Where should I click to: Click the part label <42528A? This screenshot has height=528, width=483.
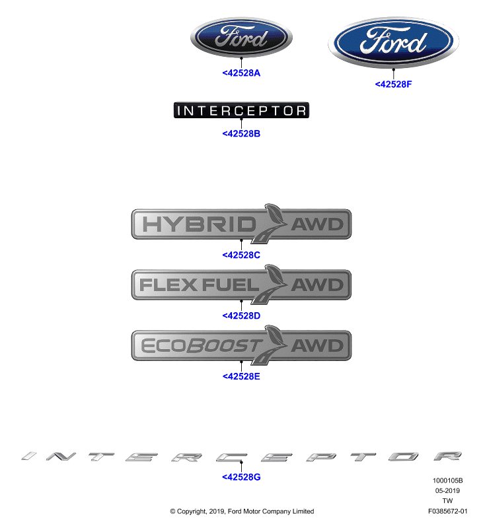point(241,73)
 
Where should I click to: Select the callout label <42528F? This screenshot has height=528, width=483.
point(393,84)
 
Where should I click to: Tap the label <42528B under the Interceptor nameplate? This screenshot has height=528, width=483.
point(241,134)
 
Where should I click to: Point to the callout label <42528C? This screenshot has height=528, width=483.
point(241,255)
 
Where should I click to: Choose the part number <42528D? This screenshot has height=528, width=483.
point(241,315)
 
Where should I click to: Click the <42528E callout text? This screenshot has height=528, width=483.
point(241,376)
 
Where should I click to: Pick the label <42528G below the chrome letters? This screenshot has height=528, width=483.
point(241,477)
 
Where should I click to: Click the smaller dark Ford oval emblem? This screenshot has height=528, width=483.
point(241,38)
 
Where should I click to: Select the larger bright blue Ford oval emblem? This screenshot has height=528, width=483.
point(393,42)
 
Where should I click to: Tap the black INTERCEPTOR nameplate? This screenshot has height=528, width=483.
point(241,110)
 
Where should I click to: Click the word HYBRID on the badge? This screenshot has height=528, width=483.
point(200,224)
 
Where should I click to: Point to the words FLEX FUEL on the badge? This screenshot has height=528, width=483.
point(199,285)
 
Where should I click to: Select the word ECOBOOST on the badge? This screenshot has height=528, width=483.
point(202,346)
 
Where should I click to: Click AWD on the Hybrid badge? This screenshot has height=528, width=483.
point(317,224)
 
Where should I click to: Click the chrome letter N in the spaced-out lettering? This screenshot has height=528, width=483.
point(61,456)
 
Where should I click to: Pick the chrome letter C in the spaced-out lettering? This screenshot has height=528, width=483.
point(231,457)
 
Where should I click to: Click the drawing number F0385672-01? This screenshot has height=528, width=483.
point(447,511)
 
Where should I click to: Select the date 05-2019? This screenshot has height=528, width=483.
point(447,490)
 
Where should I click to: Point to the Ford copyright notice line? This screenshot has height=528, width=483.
point(242,511)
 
